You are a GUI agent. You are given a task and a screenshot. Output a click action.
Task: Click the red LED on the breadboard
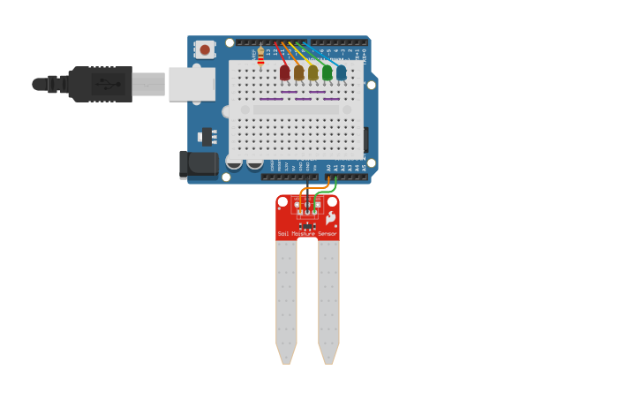click(x=284, y=73)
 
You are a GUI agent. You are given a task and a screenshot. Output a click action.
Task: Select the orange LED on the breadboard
click(x=298, y=73)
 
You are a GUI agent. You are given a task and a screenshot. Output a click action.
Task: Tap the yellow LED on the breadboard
click(x=312, y=73)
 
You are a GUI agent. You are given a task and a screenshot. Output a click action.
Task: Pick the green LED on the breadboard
click(x=327, y=73)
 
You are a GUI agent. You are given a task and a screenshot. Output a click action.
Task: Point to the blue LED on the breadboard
click(x=341, y=73)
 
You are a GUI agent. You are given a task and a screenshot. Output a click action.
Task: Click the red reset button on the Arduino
click(x=205, y=50)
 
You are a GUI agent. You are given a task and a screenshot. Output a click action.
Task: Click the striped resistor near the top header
click(x=260, y=56)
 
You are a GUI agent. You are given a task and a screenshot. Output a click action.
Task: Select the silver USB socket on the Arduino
click(x=192, y=84)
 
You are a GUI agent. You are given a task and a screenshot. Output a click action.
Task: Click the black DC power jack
click(x=199, y=163)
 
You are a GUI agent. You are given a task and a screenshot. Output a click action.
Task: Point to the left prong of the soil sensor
click(x=286, y=300)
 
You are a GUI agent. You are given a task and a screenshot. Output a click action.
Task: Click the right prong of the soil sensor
click(x=328, y=300)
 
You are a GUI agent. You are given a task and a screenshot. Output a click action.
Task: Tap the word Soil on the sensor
click(x=283, y=234)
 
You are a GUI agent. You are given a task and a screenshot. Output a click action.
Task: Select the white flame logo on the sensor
click(x=330, y=217)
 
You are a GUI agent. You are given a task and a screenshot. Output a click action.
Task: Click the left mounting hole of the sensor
click(x=282, y=202)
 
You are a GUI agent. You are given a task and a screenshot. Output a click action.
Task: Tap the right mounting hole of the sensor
click(x=332, y=202)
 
